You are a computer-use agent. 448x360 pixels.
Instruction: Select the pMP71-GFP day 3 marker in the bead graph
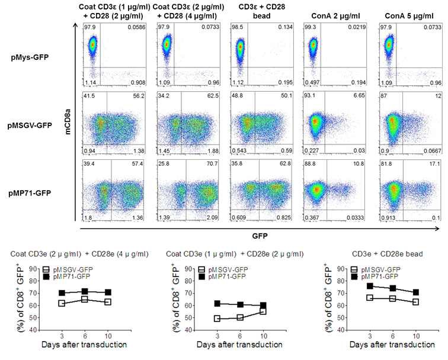[x=354, y=286]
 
